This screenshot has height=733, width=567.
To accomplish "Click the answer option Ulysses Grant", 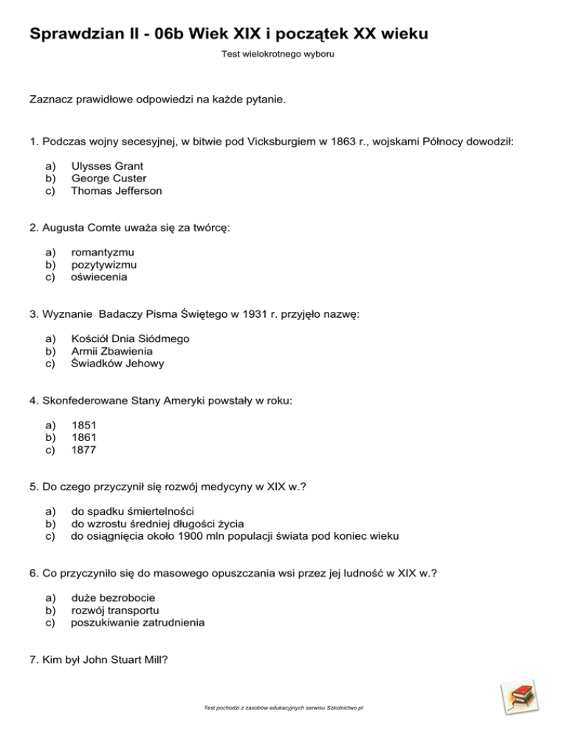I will coord(107,166).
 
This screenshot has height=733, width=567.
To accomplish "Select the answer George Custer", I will coord(109,178).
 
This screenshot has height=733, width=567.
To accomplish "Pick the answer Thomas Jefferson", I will coord(116,191).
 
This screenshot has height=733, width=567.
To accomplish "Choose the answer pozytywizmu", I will coord(103,265).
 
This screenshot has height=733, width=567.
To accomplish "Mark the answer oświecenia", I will coord(99,277).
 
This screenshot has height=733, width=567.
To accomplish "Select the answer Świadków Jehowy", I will coord(117,364).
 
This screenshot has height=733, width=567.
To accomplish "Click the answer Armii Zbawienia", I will coord(111,351).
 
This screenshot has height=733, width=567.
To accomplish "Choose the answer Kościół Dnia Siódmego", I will coord(130,338).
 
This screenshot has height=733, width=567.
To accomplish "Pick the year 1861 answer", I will coord(83,437).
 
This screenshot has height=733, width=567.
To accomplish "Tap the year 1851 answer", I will coord(83,425).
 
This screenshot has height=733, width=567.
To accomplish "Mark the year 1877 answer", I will coord(83,450).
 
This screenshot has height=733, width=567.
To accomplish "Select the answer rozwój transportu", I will coord(114,610).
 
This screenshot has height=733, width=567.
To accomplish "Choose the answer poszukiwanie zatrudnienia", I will coord(137,622).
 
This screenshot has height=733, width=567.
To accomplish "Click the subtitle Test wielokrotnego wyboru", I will coord(283,54).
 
